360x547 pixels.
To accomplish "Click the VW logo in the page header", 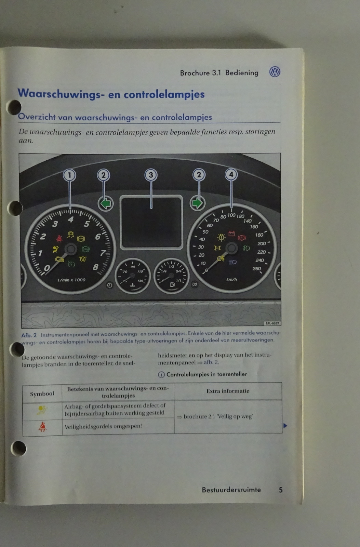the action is (275, 72).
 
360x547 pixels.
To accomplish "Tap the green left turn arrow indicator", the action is (106, 203).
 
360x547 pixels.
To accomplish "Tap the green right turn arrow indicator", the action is (197, 203).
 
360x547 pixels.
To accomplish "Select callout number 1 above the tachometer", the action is (70, 175).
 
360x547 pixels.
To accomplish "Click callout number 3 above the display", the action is (151, 175).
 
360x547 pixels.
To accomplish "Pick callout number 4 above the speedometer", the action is (231, 174).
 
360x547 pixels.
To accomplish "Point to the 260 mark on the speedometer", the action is (257, 269).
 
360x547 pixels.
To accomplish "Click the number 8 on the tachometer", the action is (95, 267).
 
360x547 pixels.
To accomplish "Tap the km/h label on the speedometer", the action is (231, 279).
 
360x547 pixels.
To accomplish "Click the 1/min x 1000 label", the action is (71, 280).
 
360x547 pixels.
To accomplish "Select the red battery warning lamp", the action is (231, 234).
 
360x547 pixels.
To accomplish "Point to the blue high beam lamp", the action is (232, 262).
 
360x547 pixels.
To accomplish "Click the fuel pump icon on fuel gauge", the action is (172, 284).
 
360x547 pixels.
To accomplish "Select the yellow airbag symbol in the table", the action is (42, 410).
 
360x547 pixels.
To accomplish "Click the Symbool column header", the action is (42, 394).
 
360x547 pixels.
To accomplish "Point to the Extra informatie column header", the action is (228, 391).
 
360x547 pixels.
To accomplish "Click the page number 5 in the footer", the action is (281, 490).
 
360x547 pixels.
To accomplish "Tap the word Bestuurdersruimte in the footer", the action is (231, 490).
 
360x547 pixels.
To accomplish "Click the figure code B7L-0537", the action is (272, 323).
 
